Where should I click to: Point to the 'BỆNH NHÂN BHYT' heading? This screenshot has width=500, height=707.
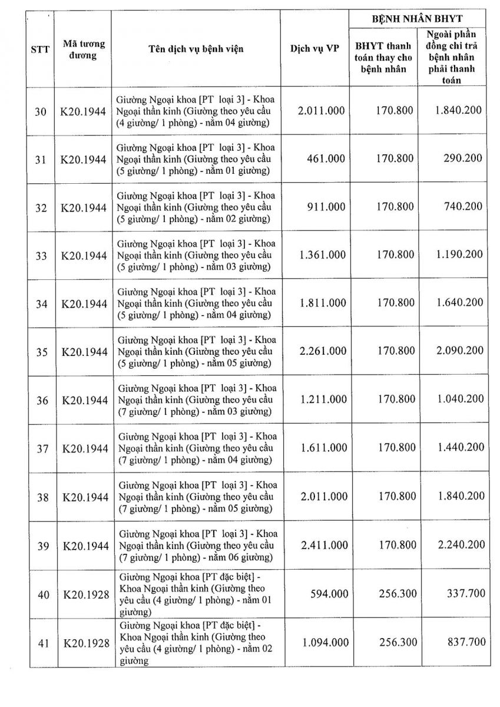(421, 19)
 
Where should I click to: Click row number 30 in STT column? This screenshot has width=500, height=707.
(41, 111)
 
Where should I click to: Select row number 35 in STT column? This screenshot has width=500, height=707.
(41, 352)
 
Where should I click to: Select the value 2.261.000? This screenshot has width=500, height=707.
(323, 351)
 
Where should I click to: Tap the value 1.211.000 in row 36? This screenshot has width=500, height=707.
(323, 400)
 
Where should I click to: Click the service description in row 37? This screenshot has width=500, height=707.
(197, 448)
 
